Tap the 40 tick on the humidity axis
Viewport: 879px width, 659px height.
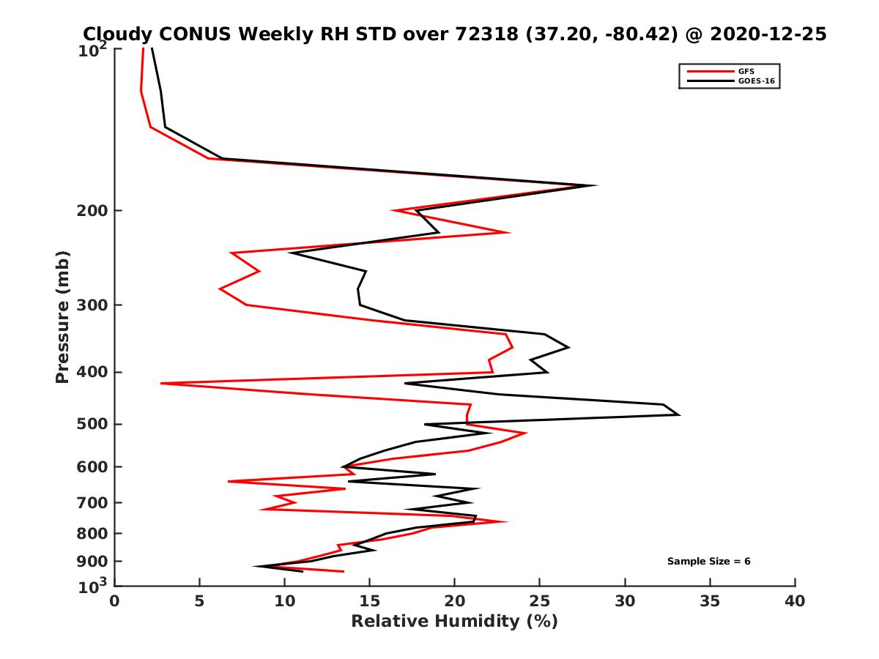pos(795,601)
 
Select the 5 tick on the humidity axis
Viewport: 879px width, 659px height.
pos(199,601)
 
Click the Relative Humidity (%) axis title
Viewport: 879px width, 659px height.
pos(454,622)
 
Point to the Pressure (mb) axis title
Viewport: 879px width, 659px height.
pos(63,317)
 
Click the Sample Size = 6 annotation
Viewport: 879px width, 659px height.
pos(708,562)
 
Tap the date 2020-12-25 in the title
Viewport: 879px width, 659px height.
pos(763,34)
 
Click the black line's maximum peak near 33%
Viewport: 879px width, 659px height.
pos(680,415)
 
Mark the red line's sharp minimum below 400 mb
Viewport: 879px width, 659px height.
pos(161,383)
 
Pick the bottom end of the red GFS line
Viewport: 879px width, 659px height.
pos(344,571)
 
